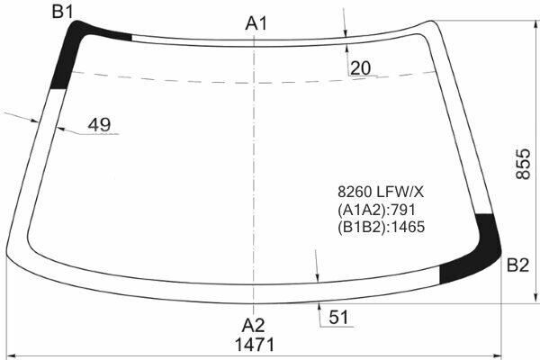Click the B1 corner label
[63, 12]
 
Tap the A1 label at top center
[256, 23]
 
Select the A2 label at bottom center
[253, 325]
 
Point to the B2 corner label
[517, 265]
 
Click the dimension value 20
[360, 68]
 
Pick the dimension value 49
[99, 125]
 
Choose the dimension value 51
[338, 318]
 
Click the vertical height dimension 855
[523, 164]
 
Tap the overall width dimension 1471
[255, 345]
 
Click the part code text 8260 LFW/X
[381, 192]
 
